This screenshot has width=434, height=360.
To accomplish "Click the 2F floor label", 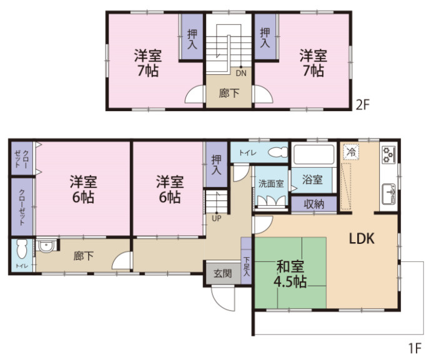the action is pyautogui.click(x=362, y=105).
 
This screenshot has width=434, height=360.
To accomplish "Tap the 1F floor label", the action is pyautogui.click(x=415, y=348).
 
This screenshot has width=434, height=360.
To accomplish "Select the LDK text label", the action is pyautogui.click(x=362, y=238).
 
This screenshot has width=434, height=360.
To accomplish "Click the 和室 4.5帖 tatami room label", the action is pyautogui.click(x=290, y=274).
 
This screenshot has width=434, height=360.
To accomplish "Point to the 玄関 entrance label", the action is pyautogui.click(x=223, y=273).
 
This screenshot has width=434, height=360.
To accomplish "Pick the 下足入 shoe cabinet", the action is pyautogui.click(x=246, y=260).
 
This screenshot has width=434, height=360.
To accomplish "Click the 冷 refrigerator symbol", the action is pyautogui.click(x=351, y=152).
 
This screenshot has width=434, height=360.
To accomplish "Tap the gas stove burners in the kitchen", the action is pyautogui.click(x=388, y=155).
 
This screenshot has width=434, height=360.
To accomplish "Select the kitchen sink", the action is pyautogui.click(x=388, y=193).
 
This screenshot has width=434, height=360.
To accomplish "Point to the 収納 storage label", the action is pyautogui.click(x=314, y=204).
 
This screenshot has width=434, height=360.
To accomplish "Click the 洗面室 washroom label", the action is pyautogui.click(x=271, y=183).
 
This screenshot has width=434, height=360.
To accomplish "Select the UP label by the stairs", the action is pyautogui.click(x=217, y=218).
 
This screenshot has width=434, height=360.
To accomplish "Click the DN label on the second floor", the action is pyautogui.click(x=241, y=73).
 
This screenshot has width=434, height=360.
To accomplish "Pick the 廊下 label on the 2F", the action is pyautogui.click(x=229, y=94).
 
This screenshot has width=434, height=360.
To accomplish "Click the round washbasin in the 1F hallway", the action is pyautogui.click(x=46, y=246).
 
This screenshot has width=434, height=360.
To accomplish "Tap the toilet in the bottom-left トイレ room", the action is pyautogui.click(x=22, y=249).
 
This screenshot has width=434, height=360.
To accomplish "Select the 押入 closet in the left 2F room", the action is pyautogui.click(x=192, y=36).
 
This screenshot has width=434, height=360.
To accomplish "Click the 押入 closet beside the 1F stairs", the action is pyautogui.click(x=217, y=165).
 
